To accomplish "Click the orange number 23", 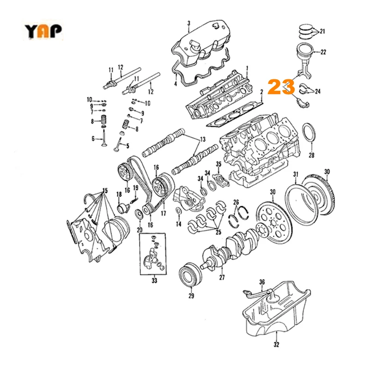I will (281, 87).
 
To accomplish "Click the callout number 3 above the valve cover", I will (188, 24).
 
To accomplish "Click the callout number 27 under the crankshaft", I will (222, 278).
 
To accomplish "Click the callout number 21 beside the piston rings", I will (322, 31).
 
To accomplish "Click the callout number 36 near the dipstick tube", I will (262, 282).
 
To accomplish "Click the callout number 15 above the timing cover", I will (105, 190).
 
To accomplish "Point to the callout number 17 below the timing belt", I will (162, 214).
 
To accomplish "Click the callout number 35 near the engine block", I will (219, 164).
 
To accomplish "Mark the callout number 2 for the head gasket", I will (261, 93).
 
